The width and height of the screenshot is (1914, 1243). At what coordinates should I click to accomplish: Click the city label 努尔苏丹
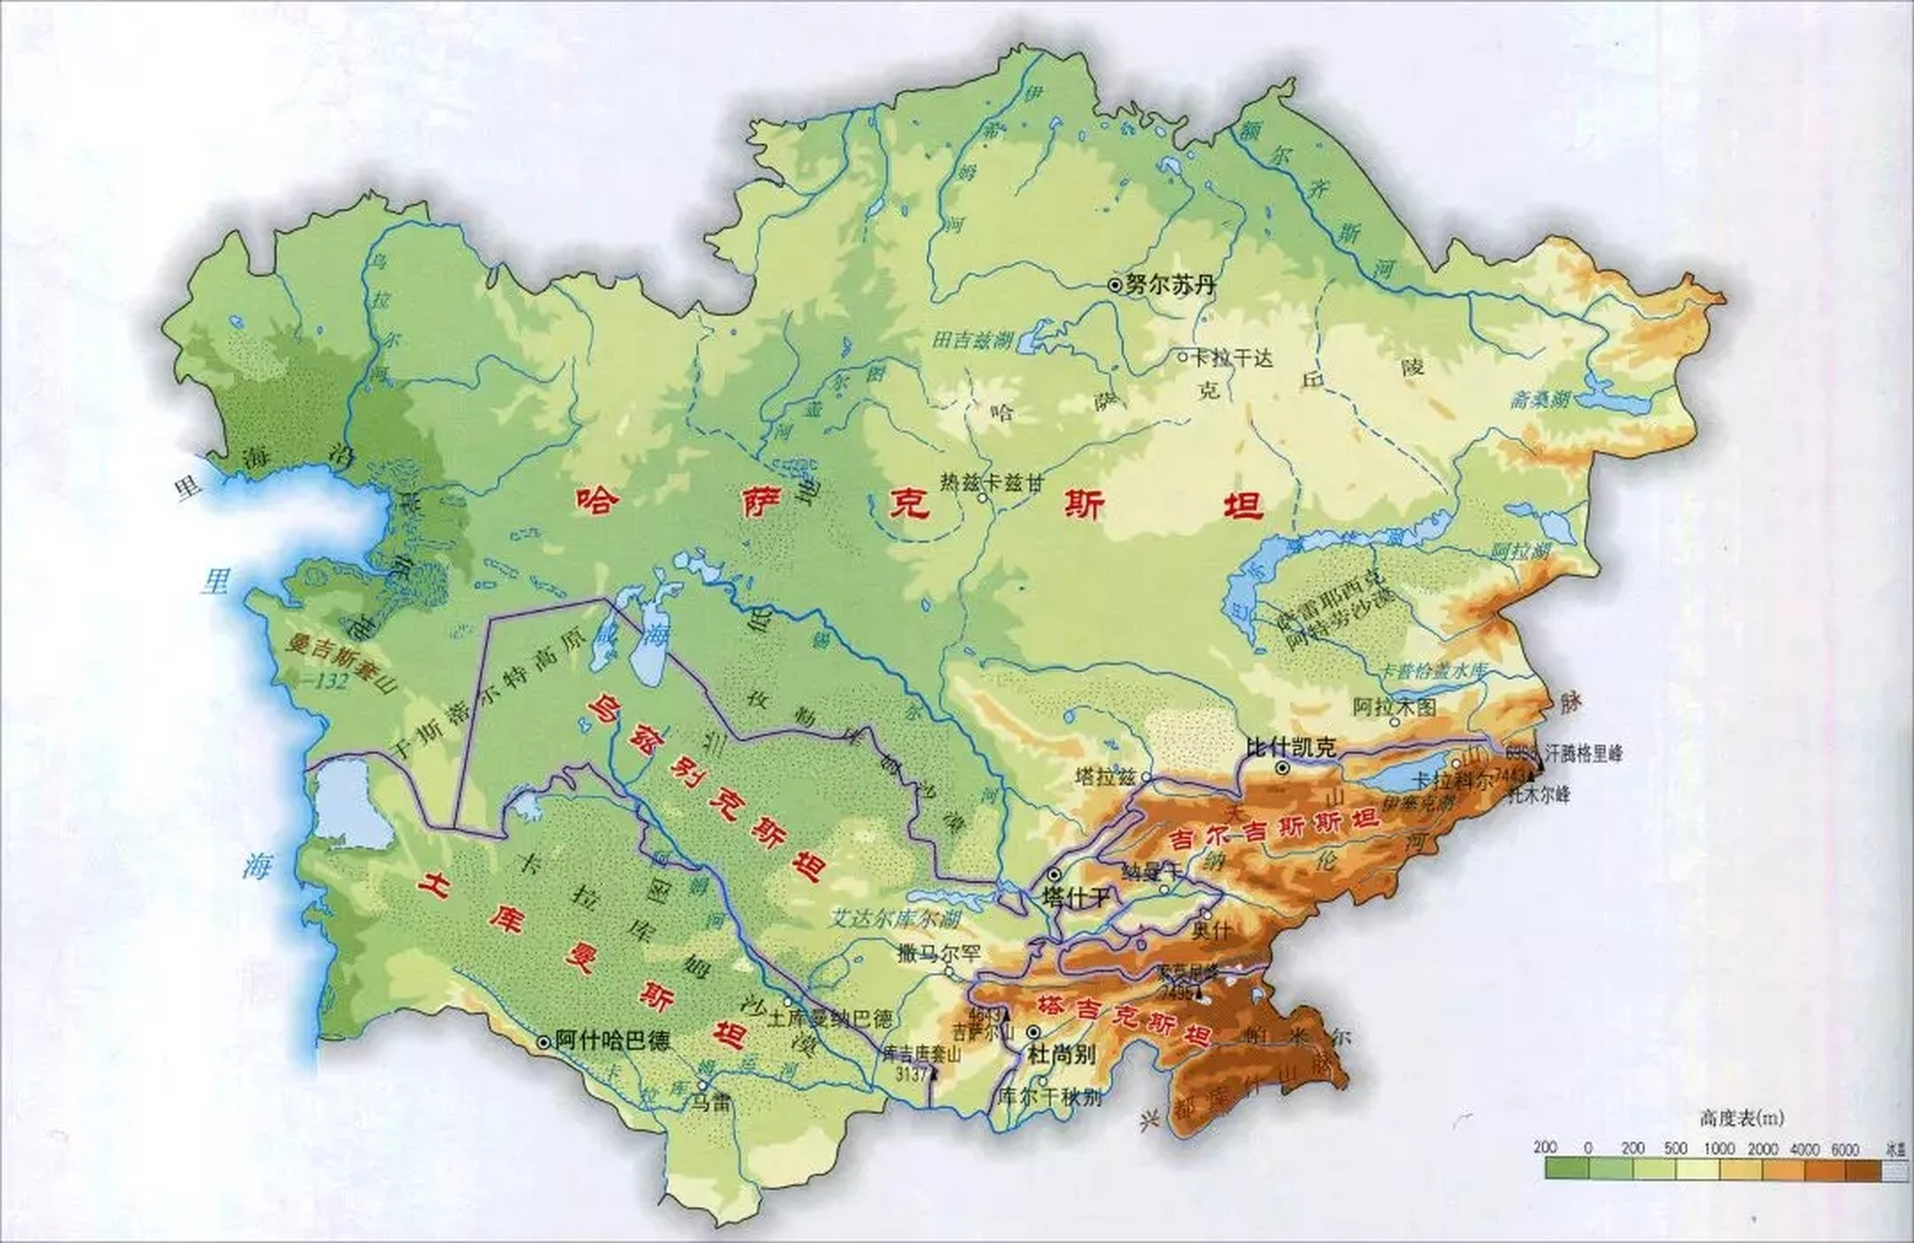point(1170,286)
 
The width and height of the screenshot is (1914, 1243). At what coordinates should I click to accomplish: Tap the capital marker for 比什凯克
point(1283,767)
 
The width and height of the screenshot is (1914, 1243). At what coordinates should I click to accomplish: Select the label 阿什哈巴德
point(612,1041)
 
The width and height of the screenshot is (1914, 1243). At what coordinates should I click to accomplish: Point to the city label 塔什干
point(1074,896)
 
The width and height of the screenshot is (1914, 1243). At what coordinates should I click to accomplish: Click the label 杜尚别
point(1061,1055)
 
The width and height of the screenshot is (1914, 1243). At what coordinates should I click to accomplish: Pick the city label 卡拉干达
point(1232,357)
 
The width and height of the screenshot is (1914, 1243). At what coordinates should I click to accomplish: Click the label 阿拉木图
point(1394,706)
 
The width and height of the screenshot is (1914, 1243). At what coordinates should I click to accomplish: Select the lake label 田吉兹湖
point(972,341)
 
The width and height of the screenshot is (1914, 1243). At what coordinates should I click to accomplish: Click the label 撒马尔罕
point(940,954)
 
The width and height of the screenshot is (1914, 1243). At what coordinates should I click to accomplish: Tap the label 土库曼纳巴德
point(830,1020)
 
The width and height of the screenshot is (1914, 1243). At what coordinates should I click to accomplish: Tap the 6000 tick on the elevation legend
point(1844,1149)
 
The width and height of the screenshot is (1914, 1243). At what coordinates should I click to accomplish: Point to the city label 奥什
point(1211,929)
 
